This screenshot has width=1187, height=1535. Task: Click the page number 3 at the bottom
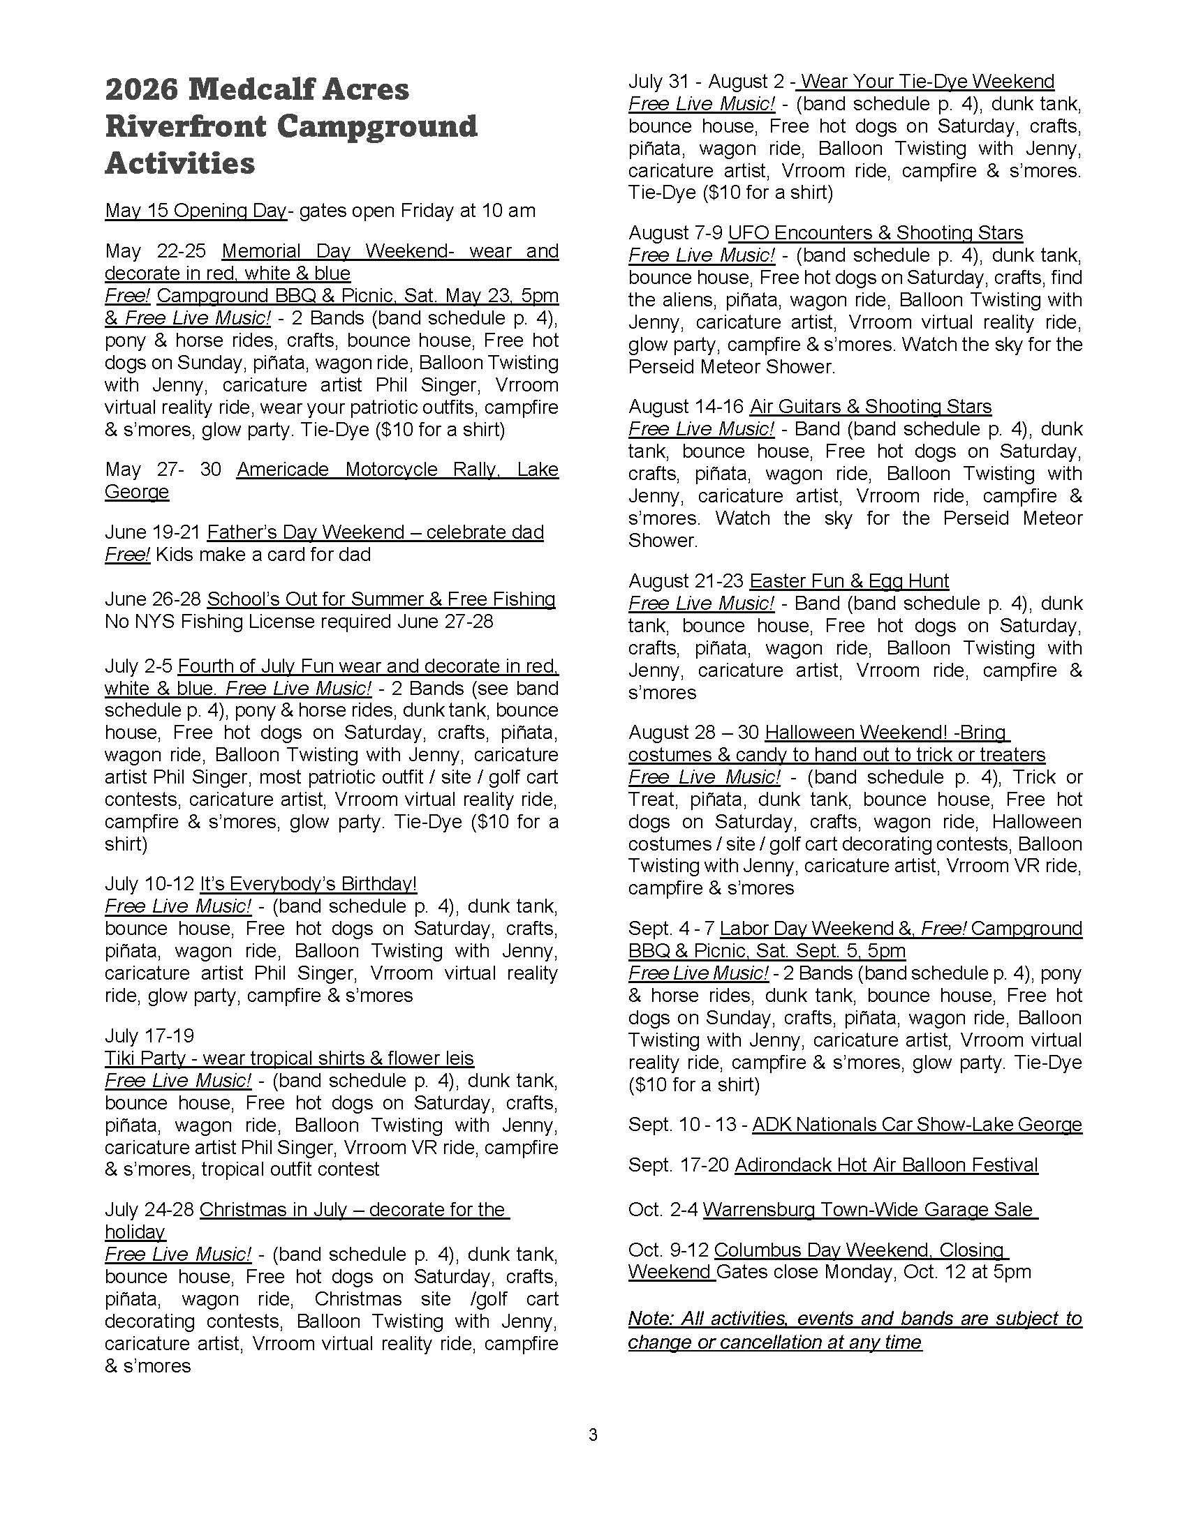click(x=593, y=1435)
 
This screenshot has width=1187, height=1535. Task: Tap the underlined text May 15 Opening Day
click(x=196, y=211)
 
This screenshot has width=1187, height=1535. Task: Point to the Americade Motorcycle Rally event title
click(x=397, y=470)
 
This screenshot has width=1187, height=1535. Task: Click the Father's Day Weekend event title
click(x=376, y=532)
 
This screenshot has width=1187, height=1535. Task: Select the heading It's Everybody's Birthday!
click(x=309, y=883)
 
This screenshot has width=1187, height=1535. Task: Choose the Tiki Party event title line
click(x=289, y=1058)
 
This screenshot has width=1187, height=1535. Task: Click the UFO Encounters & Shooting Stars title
click(x=876, y=232)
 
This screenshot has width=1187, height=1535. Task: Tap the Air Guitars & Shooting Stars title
click(x=871, y=407)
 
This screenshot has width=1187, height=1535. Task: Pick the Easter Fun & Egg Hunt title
click(x=849, y=581)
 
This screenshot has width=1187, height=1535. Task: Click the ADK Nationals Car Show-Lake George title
click(x=917, y=1125)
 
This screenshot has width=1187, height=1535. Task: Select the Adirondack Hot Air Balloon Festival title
click(x=886, y=1165)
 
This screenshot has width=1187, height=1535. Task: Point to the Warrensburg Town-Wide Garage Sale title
click(x=870, y=1210)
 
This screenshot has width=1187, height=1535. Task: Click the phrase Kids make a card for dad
click(x=263, y=555)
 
